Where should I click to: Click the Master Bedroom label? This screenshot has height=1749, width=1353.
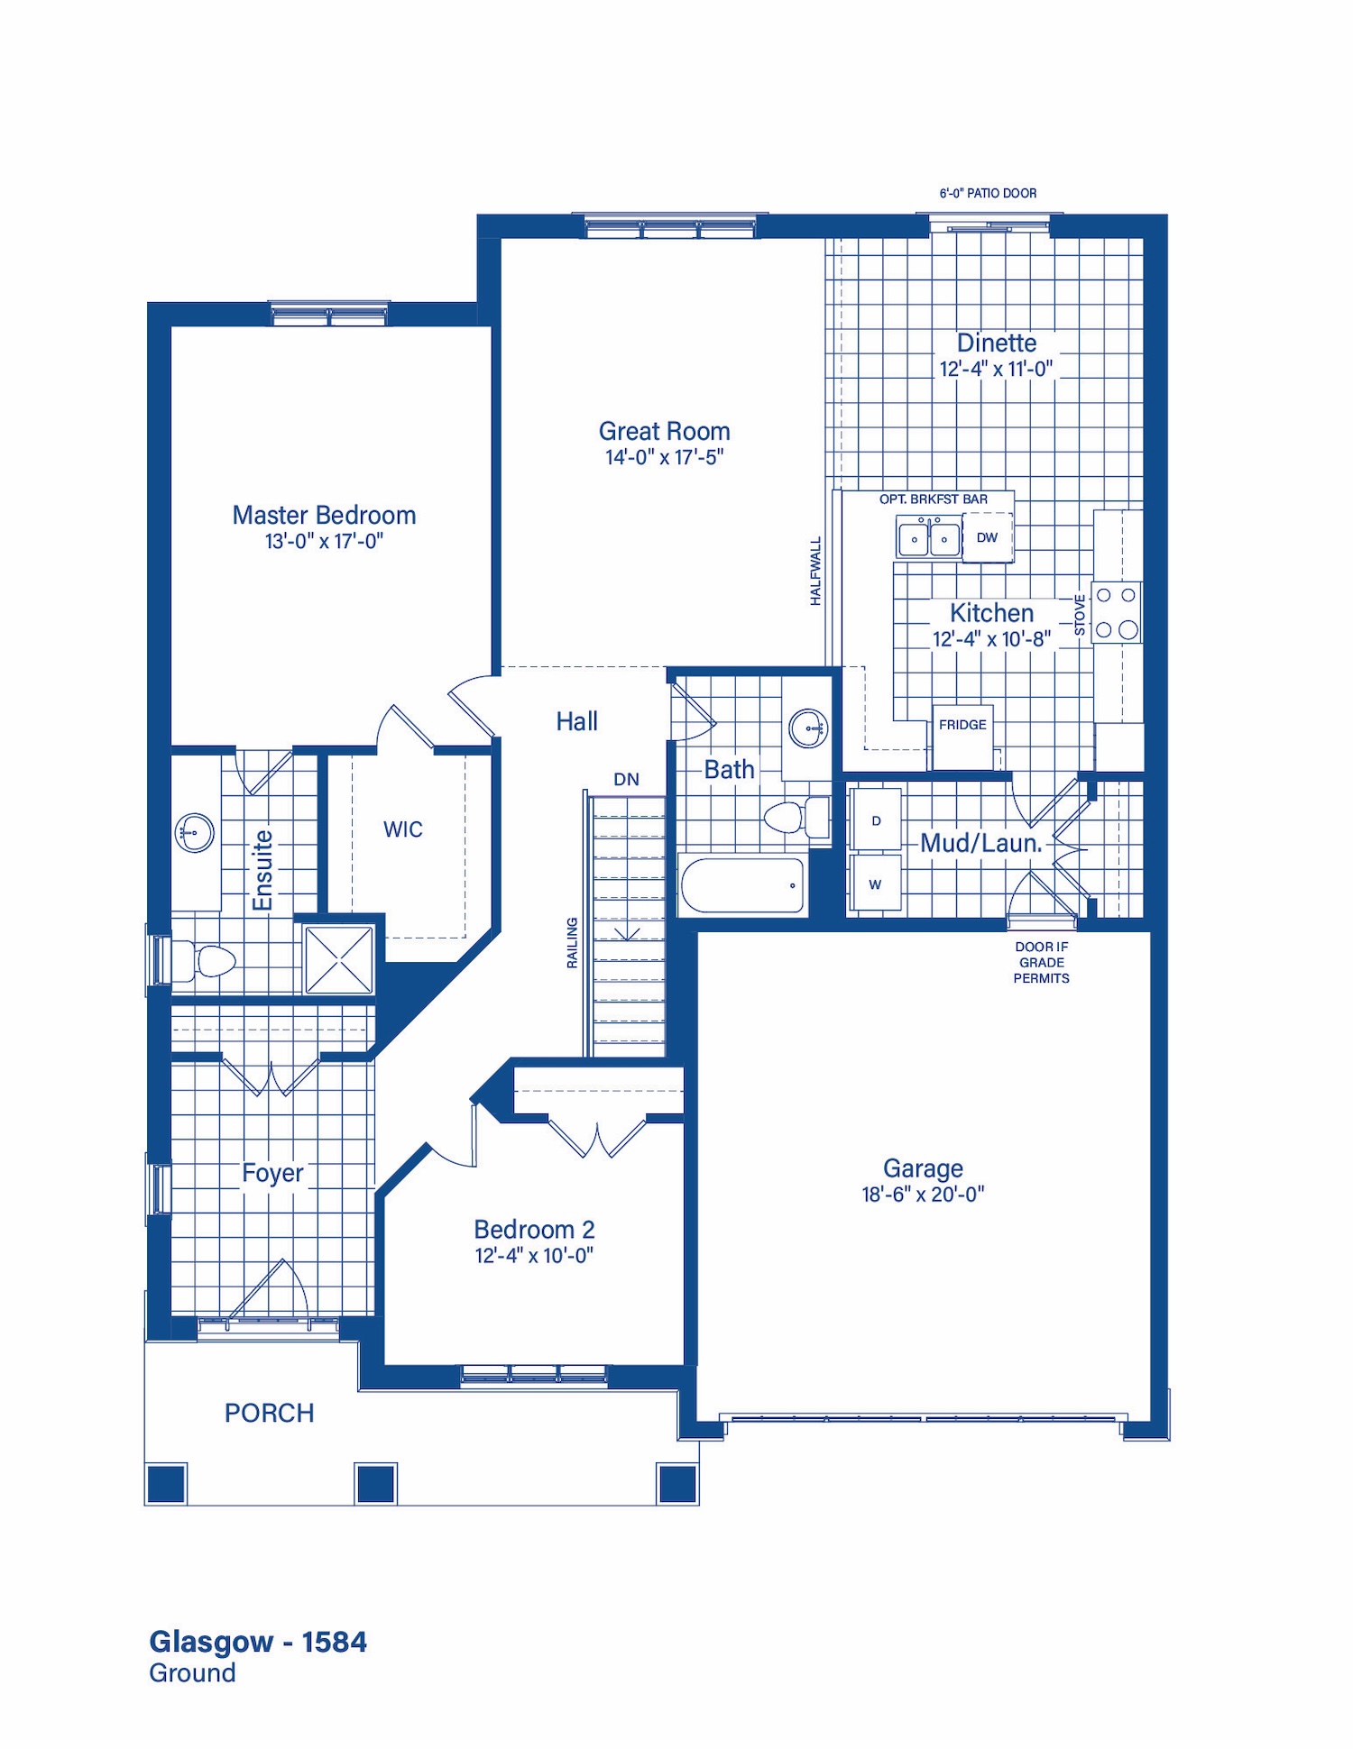tap(324, 515)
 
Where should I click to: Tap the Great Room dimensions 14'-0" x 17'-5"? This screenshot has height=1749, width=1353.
tap(665, 457)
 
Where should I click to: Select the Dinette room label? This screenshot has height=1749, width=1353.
tap(997, 343)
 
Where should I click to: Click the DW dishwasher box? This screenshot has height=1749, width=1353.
tap(988, 537)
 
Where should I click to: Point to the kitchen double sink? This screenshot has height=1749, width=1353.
tap(928, 537)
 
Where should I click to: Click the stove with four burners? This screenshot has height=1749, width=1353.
tap(1117, 612)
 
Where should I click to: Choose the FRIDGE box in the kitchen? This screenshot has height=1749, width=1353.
tap(962, 737)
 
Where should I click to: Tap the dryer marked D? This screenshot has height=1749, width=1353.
tap(876, 819)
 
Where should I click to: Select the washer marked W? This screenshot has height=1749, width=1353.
tap(876, 883)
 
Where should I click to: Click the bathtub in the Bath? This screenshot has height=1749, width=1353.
tap(741, 885)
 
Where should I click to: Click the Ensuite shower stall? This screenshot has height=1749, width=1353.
tap(339, 960)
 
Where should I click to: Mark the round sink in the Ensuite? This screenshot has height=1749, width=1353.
tap(195, 832)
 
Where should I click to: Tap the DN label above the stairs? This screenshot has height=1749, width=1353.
tap(626, 779)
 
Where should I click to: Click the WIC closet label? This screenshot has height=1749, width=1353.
tap(402, 829)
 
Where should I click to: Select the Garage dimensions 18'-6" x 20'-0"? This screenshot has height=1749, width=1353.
tap(923, 1194)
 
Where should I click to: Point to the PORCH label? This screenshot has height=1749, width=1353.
tap(269, 1413)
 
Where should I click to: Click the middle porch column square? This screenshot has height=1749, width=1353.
tap(375, 1484)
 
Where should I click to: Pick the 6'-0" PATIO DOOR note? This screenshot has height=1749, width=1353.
tap(988, 193)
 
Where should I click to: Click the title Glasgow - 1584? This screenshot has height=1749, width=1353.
tap(258, 1643)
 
